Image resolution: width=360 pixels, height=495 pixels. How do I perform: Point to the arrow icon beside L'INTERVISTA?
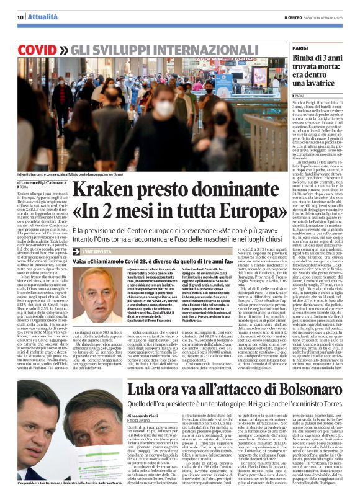coord(78,251)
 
